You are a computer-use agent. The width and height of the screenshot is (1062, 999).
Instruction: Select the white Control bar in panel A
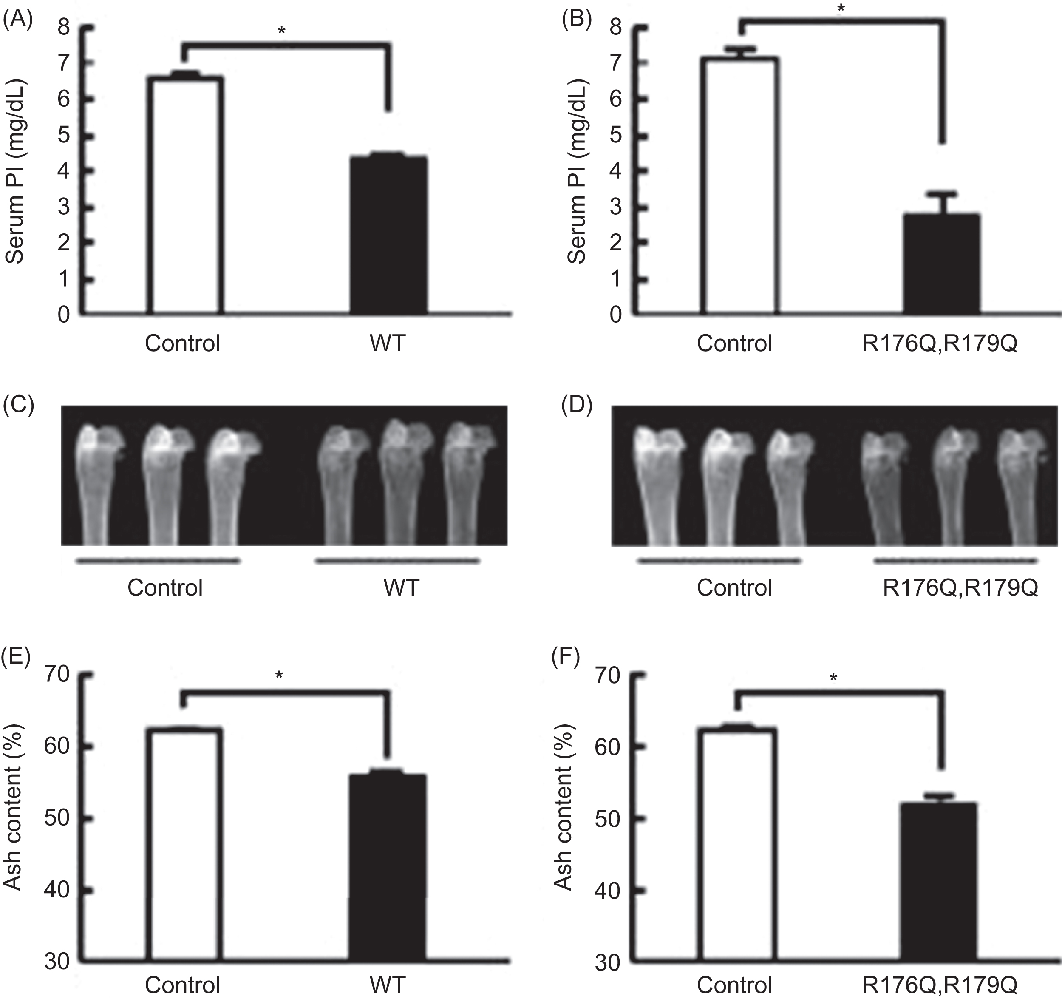click(185, 195)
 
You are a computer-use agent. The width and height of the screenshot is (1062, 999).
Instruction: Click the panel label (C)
click(18, 406)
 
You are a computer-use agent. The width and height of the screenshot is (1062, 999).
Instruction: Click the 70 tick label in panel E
click(57, 675)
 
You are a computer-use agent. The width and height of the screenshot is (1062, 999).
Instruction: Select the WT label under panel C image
click(402, 587)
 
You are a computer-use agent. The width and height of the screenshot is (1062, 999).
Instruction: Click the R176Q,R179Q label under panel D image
click(960, 587)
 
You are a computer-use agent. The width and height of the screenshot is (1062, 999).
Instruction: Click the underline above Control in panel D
click(719, 561)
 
